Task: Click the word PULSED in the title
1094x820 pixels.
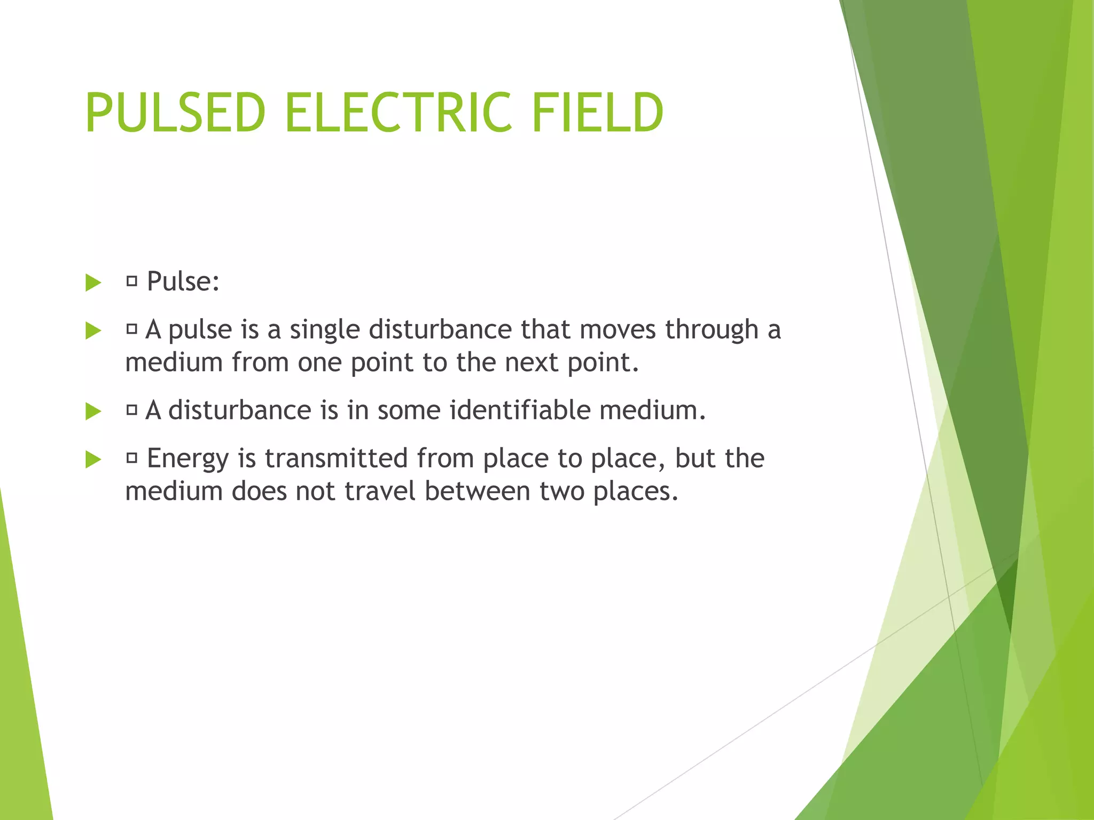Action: [175, 113]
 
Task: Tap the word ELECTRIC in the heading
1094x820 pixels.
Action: [398, 113]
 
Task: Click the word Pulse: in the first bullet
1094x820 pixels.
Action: [183, 281]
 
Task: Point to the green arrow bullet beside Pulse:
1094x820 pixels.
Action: [93, 282]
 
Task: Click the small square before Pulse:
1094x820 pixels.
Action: [132, 281]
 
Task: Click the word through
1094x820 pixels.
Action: [712, 330]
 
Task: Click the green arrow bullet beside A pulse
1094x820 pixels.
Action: [93, 330]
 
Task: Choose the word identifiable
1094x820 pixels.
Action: [520, 410]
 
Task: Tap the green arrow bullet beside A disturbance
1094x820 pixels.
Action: [93, 411]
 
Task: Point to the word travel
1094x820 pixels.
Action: [380, 491]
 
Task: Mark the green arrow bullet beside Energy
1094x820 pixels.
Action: [93, 459]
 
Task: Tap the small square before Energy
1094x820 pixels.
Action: [132, 458]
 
